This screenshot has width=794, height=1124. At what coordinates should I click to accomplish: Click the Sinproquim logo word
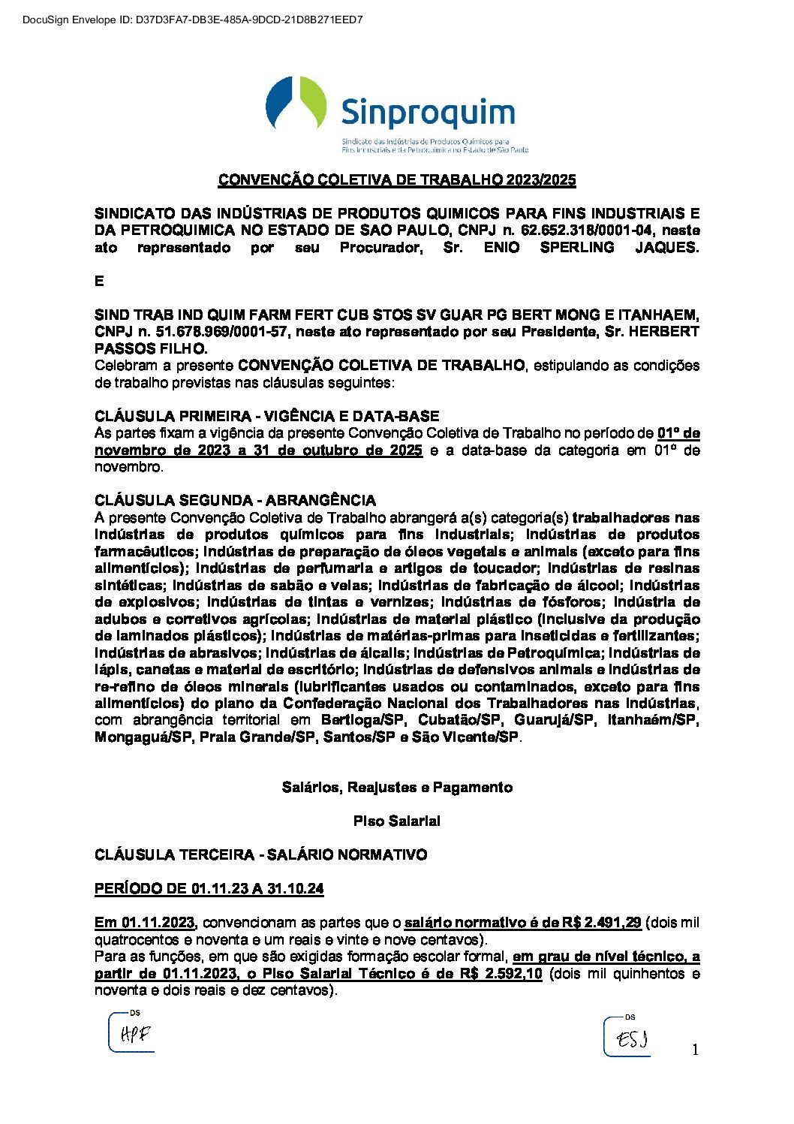[x=428, y=113]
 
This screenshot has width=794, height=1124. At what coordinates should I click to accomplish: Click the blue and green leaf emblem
[x=296, y=103]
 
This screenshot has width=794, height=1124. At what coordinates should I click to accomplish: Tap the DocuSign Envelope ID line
[x=193, y=20]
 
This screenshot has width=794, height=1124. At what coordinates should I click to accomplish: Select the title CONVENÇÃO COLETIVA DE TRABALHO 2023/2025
[x=397, y=180]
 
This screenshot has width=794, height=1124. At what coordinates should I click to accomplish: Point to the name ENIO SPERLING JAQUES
[x=591, y=248]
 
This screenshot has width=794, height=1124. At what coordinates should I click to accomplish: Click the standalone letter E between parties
[x=99, y=282]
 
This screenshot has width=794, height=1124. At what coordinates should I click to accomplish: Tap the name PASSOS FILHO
[x=150, y=349]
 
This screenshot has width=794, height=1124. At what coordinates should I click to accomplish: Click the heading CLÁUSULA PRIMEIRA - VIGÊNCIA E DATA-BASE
[x=267, y=416]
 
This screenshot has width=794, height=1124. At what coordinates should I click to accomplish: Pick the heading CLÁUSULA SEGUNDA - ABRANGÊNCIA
[x=236, y=500]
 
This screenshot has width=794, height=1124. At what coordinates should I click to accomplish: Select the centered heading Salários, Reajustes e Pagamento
[x=397, y=788]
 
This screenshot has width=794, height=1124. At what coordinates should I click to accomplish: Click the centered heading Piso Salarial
[x=397, y=821]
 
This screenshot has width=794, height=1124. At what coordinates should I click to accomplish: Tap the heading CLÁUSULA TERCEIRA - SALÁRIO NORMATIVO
[x=261, y=855]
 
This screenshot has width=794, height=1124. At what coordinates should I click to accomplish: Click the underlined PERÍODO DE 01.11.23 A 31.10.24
[x=209, y=889]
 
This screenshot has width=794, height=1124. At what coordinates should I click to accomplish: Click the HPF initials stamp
[x=134, y=1034]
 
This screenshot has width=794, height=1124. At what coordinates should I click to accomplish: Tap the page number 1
[x=695, y=1050]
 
